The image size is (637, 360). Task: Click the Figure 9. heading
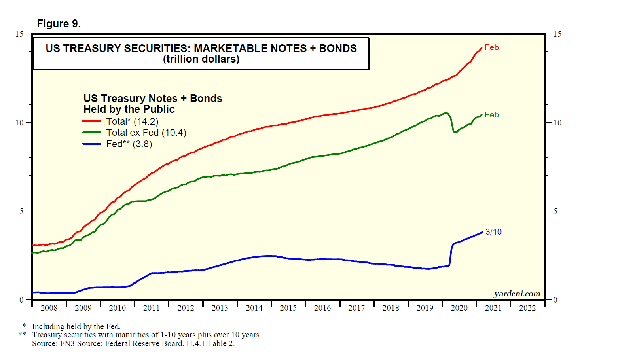click(x=59, y=24)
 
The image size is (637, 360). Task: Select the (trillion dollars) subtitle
click(x=201, y=59)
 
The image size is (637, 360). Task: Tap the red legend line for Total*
click(x=92, y=121)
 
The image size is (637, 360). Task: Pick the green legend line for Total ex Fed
click(x=92, y=133)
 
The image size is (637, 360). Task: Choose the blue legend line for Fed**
click(x=92, y=144)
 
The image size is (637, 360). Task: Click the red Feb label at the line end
click(x=491, y=47)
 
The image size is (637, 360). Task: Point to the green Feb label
click(x=491, y=115)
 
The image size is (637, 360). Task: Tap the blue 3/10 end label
click(x=493, y=232)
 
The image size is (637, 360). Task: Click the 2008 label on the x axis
click(x=49, y=308)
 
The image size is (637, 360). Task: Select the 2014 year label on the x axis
click(x=254, y=308)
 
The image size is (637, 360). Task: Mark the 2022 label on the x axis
click(x=527, y=308)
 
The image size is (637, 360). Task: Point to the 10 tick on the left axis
click(x=19, y=123)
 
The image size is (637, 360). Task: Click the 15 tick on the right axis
click(x=557, y=34)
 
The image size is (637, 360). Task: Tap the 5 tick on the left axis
click(x=22, y=211)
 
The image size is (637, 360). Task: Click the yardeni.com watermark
click(x=517, y=294)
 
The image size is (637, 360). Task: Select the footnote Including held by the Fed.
click(x=76, y=326)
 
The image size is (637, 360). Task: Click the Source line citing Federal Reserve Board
click(x=133, y=343)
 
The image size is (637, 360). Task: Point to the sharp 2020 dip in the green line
click(x=455, y=131)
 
